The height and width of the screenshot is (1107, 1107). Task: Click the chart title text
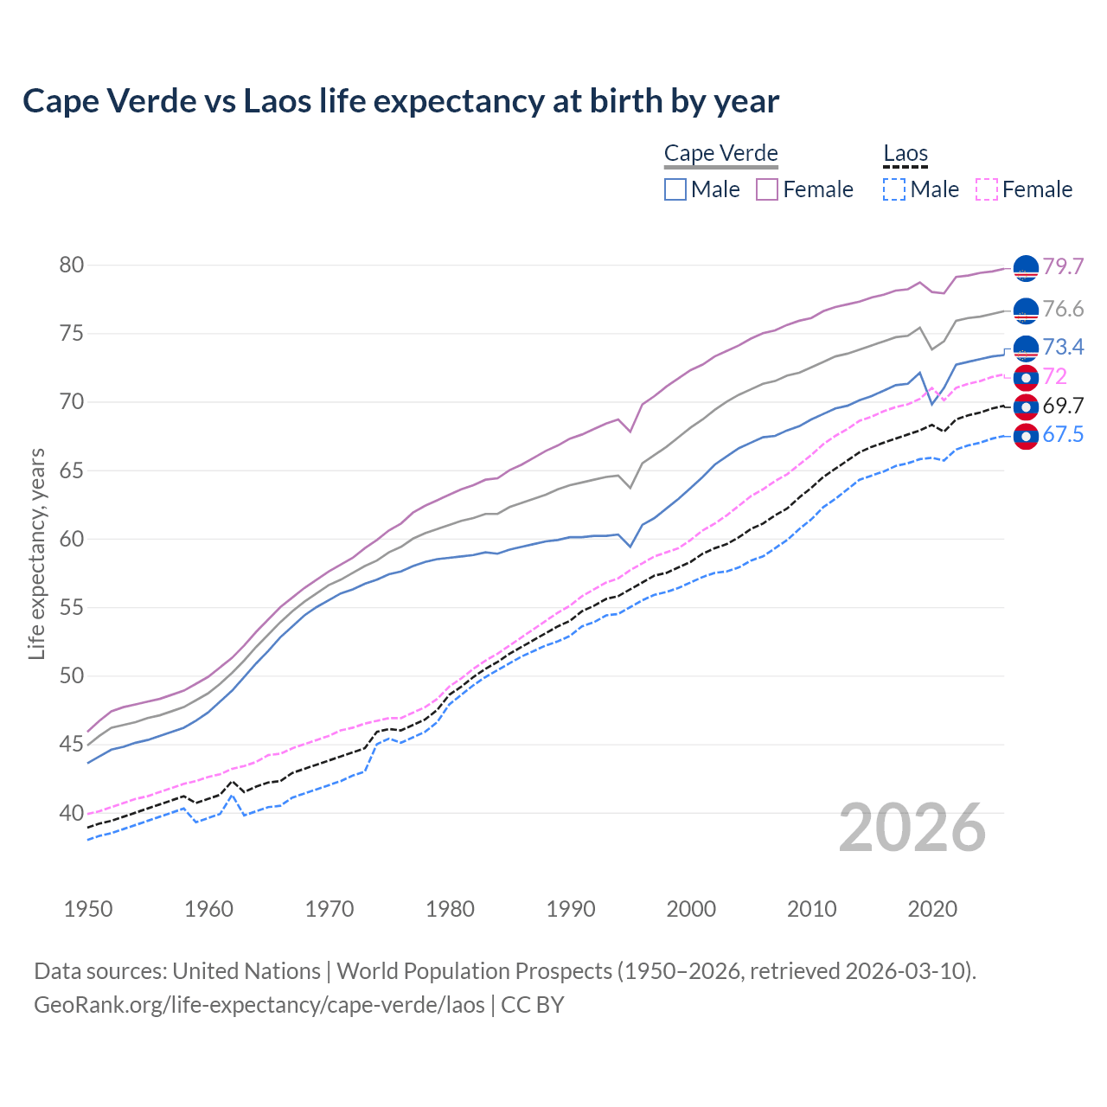click(400, 101)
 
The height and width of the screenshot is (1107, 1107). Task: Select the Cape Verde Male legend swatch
click(675, 189)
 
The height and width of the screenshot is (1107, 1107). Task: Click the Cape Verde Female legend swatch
click(767, 189)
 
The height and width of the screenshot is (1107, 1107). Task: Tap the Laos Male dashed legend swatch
click(894, 189)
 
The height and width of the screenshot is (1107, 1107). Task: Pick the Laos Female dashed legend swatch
click(986, 189)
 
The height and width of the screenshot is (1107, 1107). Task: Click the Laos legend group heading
click(905, 154)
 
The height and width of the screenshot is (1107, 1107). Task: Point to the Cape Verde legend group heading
click(720, 154)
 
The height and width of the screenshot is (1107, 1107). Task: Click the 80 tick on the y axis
click(72, 266)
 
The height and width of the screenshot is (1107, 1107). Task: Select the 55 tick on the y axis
click(72, 608)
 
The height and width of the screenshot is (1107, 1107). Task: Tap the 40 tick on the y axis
click(72, 813)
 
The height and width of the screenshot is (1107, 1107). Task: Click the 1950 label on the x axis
click(88, 909)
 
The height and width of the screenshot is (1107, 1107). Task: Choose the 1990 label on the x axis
click(571, 909)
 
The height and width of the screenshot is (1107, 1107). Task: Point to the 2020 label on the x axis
click(932, 909)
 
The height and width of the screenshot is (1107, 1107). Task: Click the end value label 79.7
click(1063, 266)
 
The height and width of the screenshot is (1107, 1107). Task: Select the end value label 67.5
click(1063, 434)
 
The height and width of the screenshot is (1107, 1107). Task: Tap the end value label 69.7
click(1063, 406)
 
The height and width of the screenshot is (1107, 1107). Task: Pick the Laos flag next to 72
click(1026, 378)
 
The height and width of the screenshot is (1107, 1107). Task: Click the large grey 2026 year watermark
click(912, 828)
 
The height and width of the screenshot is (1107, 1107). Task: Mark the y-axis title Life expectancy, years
click(37, 553)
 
